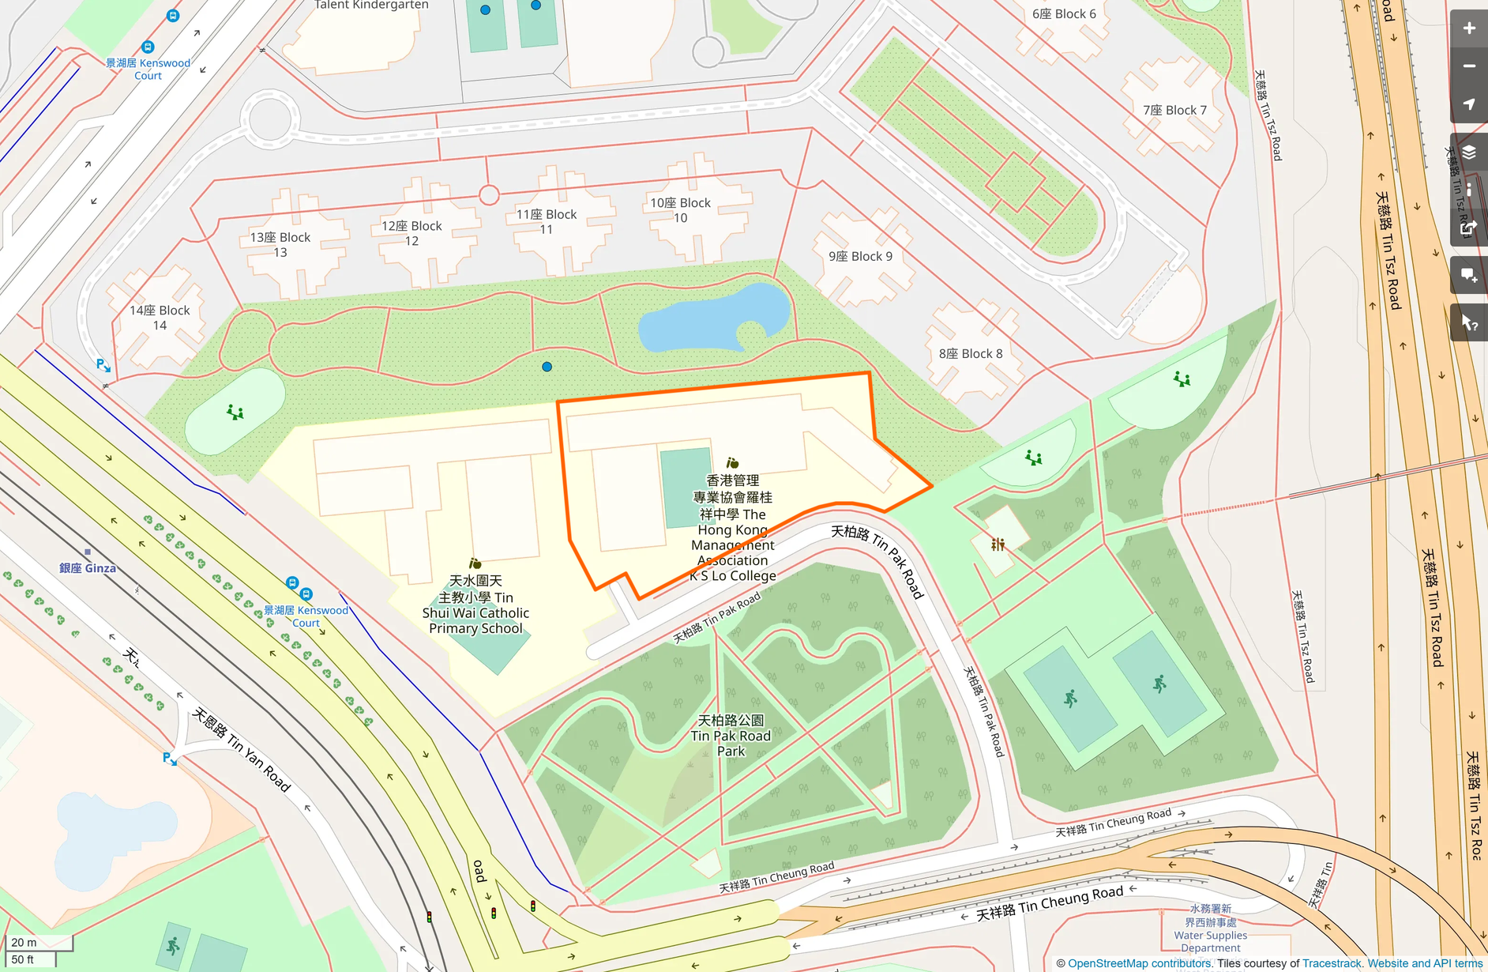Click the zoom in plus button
click(x=1468, y=28)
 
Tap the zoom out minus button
click(x=1468, y=66)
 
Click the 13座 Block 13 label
click(x=280, y=244)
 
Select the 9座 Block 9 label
click(x=860, y=256)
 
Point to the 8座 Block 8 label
click(x=970, y=353)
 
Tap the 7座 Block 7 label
click(x=1174, y=110)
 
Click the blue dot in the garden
click(x=547, y=367)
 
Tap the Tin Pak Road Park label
click(x=731, y=736)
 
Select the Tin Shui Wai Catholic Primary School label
click(x=475, y=605)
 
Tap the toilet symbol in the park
click(x=998, y=544)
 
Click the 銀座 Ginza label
click(x=88, y=567)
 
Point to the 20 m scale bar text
click(x=24, y=942)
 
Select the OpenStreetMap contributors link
click(x=1139, y=963)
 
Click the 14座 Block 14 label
click(x=160, y=318)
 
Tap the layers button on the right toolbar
click(x=1468, y=152)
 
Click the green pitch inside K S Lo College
click(x=686, y=487)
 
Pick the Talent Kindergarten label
click(x=371, y=5)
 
